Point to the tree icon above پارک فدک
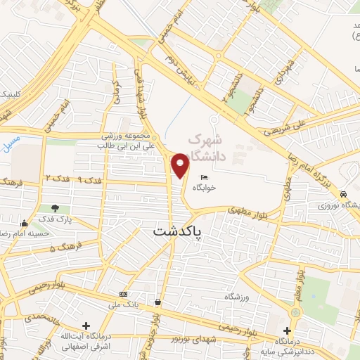55,208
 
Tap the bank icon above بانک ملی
124,294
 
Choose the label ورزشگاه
239,297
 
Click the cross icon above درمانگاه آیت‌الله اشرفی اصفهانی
86,326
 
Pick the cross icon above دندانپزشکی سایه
287,330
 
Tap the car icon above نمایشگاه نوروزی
342,194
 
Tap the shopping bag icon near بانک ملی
157,303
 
